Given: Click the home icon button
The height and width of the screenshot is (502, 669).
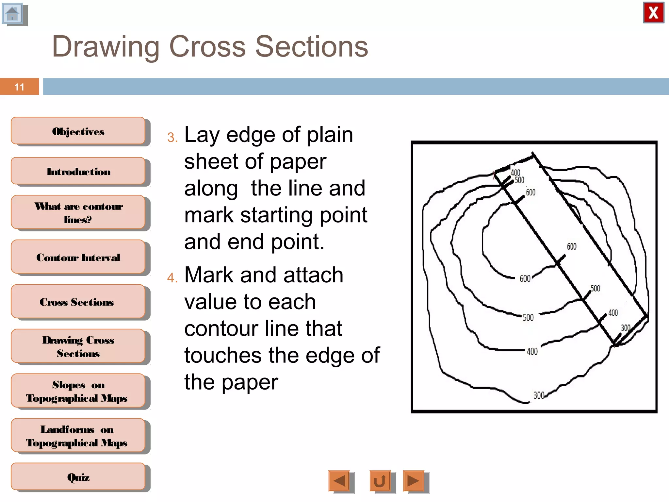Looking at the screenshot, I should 13,14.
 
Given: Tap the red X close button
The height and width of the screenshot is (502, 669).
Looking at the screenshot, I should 653,13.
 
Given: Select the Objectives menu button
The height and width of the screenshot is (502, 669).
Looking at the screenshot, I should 78,131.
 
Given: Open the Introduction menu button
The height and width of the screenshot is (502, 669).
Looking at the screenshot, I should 78,172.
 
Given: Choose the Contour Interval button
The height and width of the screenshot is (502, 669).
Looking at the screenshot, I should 78,257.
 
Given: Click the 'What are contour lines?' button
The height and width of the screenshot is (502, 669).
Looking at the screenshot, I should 78,212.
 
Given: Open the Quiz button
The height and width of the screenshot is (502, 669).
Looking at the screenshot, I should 78,477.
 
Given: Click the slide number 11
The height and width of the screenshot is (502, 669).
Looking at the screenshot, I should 19,87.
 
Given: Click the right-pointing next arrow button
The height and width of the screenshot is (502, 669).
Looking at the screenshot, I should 414,480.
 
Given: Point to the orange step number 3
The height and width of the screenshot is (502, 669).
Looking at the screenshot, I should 172,138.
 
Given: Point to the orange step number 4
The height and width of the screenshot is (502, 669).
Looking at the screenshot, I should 172,278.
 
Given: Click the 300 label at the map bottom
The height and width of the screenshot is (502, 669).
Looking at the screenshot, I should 539,395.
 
